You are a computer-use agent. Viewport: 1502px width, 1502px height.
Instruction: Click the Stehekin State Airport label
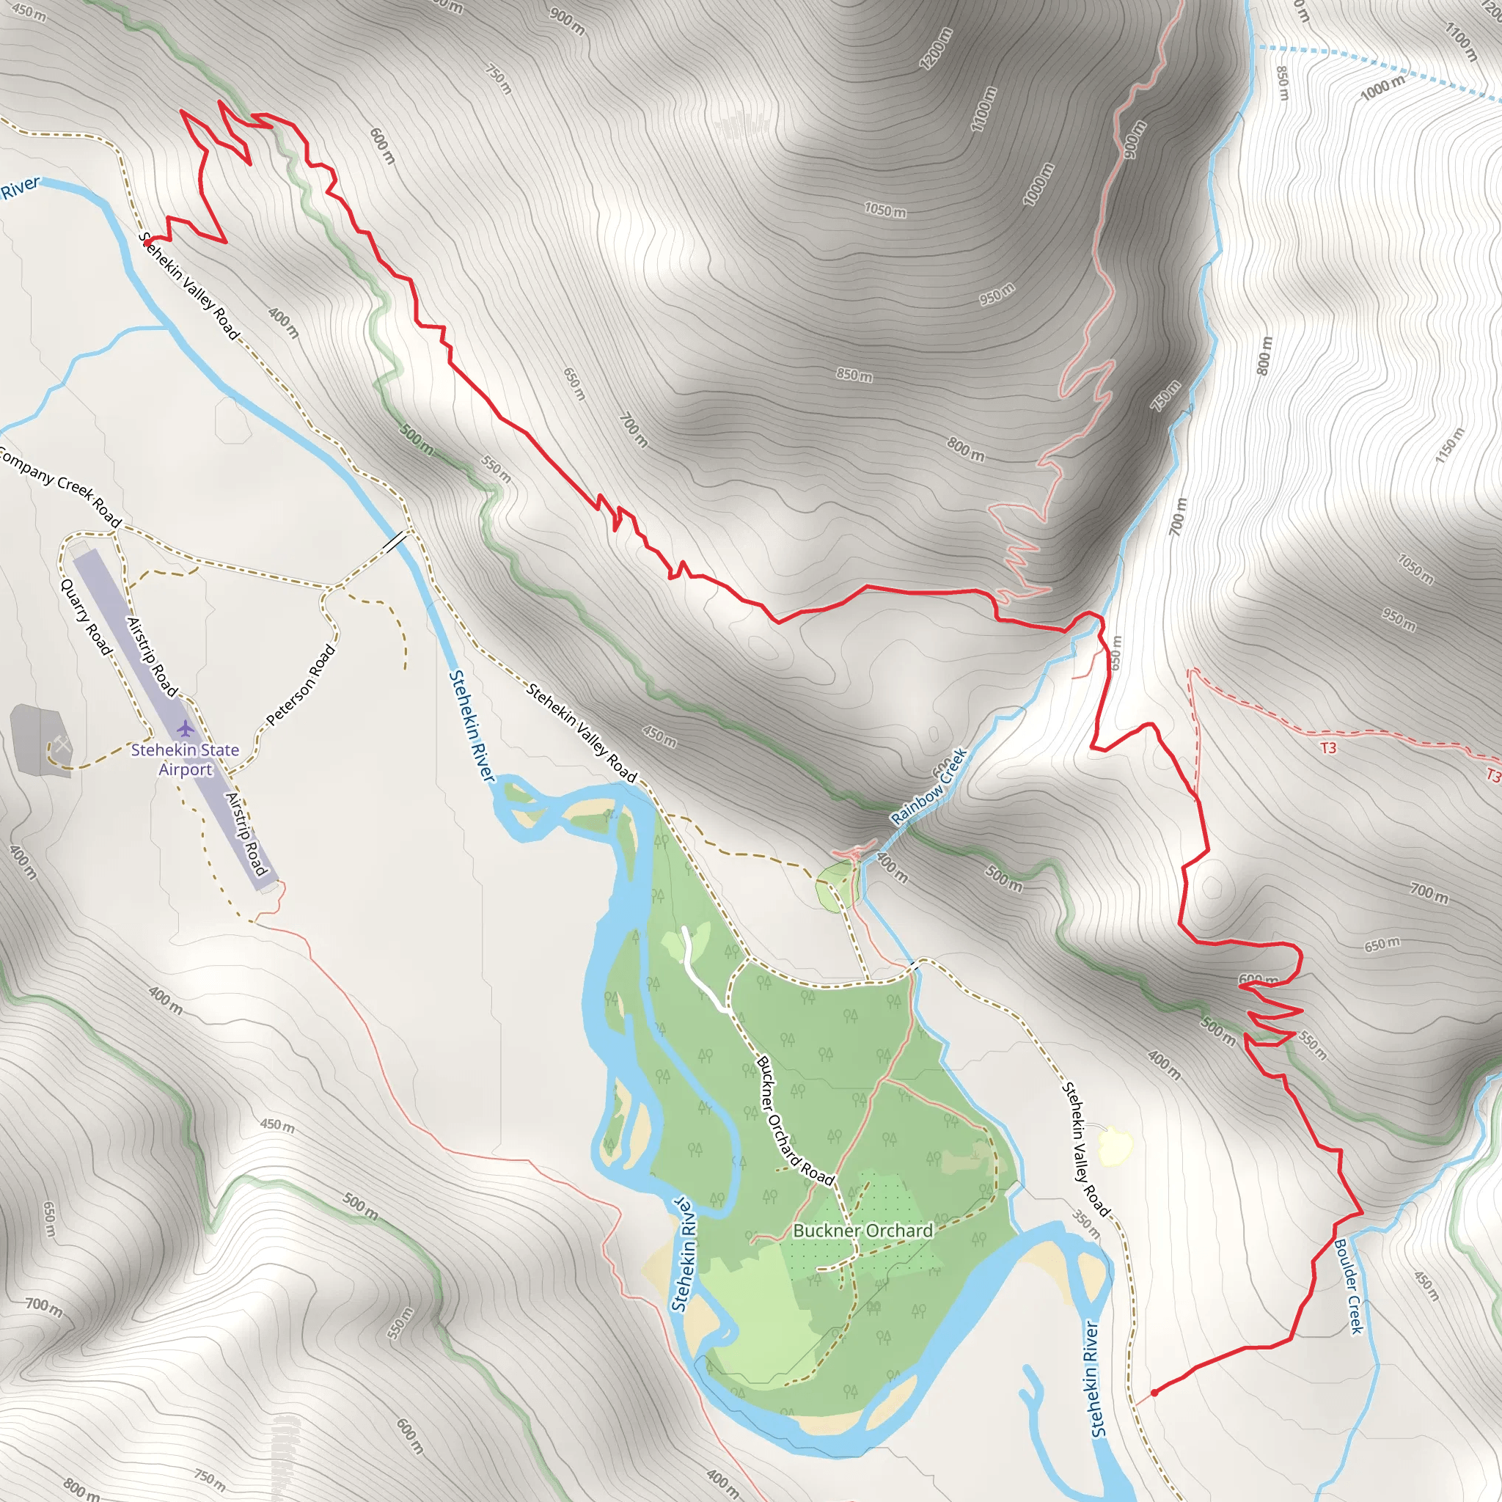pyautogui.click(x=185, y=760)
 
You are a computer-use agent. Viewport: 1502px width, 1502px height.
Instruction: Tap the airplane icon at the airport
pyautogui.click(x=185, y=728)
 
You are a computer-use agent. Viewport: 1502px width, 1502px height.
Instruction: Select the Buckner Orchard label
pyautogui.click(x=863, y=1231)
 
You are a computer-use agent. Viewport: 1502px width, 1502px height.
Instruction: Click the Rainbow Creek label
pyautogui.click(x=930, y=786)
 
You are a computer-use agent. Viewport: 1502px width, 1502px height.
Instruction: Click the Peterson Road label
pyautogui.click(x=301, y=685)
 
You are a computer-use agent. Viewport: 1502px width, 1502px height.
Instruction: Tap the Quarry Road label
pyautogui.click(x=87, y=617)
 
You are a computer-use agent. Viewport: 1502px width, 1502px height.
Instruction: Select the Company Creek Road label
pyautogui.click(x=60, y=487)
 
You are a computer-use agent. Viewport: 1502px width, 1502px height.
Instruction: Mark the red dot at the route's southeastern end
pyautogui.click(x=1155, y=1393)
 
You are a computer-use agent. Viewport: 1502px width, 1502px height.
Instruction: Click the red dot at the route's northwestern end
pyautogui.click(x=147, y=242)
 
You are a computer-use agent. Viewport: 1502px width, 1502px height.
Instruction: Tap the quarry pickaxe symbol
pyautogui.click(x=61, y=745)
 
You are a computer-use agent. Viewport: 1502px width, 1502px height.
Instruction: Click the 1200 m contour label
pyautogui.click(x=936, y=49)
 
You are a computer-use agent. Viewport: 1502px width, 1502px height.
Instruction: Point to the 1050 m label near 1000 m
pyautogui.click(x=885, y=210)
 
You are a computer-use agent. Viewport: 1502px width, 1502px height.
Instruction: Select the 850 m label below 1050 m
pyautogui.click(x=854, y=375)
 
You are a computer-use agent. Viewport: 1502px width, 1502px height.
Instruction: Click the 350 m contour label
pyautogui.click(x=1087, y=1225)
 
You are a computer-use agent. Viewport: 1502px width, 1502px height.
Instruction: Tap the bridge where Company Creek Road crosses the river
pyautogui.click(x=396, y=541)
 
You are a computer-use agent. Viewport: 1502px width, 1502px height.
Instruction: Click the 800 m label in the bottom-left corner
pyautogui.click(x=80, y=1488)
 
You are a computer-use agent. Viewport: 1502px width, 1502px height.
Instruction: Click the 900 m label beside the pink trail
pyautogui.click(x=1135, y=140)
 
